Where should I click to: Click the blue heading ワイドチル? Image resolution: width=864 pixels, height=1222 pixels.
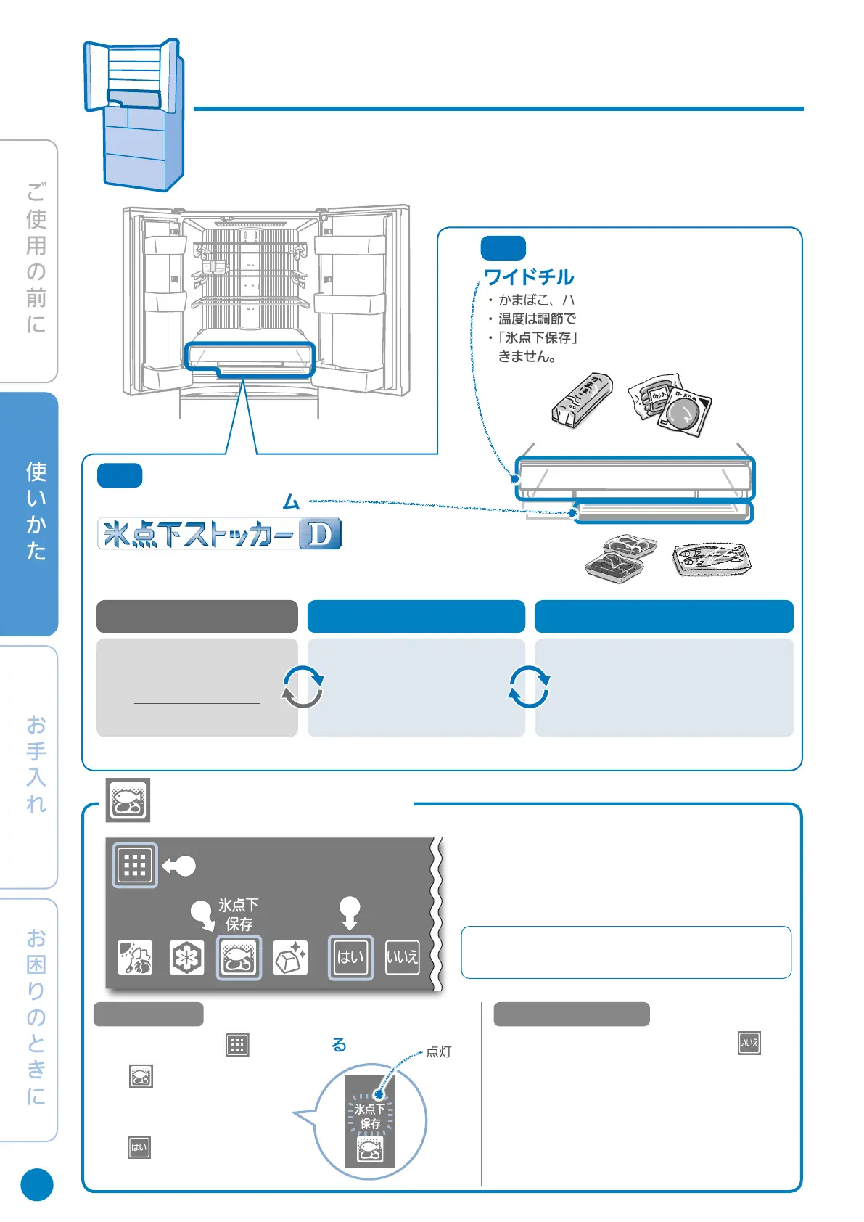click(529, 277)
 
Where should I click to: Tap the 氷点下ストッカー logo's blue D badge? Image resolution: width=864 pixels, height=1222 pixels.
click(320, 535)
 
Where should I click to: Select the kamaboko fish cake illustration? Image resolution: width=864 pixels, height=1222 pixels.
click(582, 400)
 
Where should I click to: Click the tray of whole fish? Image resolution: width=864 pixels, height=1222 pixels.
click(712, 559)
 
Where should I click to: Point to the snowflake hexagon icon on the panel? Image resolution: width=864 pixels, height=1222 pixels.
click(186, 958)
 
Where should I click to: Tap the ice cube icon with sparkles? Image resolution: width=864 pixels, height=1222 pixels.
click(290, 958)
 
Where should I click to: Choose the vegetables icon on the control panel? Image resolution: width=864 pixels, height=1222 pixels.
click(135, 958)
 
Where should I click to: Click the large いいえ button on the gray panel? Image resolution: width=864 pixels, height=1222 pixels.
click(402, 958)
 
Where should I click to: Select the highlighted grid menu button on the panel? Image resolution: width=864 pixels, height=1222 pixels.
click(135, 865)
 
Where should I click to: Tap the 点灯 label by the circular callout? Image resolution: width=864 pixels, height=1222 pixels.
click(438, 1051)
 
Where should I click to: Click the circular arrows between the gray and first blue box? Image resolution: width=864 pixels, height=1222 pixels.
click(303, 686)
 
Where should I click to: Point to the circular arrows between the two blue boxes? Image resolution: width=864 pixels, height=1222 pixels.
click(529, 686)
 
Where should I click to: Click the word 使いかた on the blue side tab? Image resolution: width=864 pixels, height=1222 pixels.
click(36, 511)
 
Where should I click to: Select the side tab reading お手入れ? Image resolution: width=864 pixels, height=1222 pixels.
click(36, 764)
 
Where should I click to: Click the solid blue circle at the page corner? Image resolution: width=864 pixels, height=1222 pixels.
click(37, 1184)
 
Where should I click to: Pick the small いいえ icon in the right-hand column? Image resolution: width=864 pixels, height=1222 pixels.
click(749, 1043)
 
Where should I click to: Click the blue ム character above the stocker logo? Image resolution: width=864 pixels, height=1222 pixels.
click(291, 501)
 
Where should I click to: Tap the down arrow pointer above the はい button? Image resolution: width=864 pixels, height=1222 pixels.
click(350, 912)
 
